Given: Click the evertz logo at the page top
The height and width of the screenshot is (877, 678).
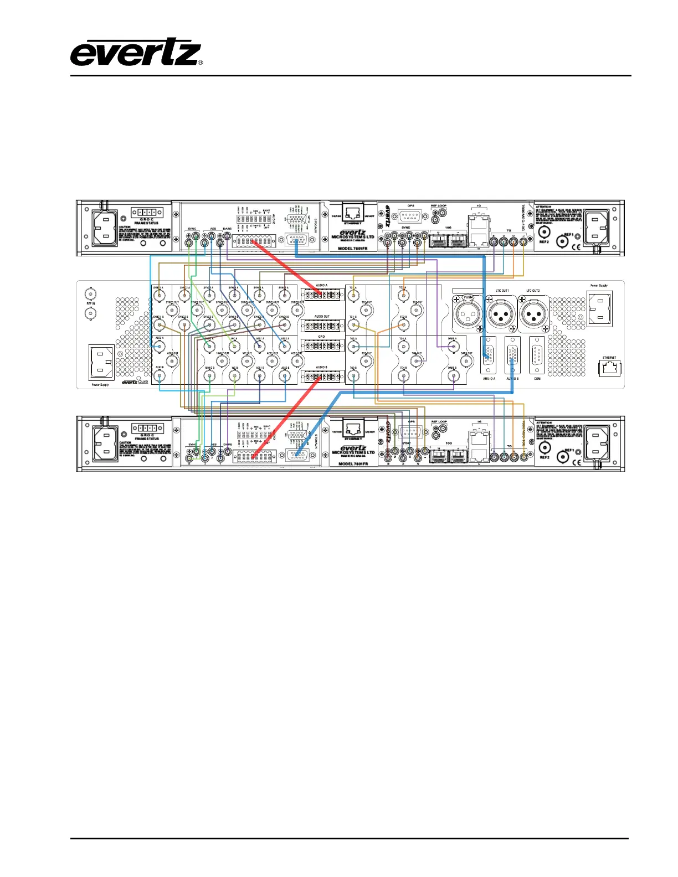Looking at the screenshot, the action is pyautogui.click(x=136, y=53).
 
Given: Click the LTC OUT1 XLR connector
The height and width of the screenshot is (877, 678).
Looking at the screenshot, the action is pyautogui.click(x=502, y=314).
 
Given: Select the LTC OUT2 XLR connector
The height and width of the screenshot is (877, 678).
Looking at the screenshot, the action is pyautogui.click(x=533, y=314).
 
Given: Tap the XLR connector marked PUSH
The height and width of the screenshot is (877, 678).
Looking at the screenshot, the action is pyautogui.click(x=469, y=314).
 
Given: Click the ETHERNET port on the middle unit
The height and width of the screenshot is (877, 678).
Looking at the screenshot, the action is pyautogui.click(x=609, y=368).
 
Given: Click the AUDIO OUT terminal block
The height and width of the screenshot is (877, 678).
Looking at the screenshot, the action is pyautogui.click(x=321, y=326).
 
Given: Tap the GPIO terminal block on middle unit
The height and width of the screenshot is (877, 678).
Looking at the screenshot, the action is pyautogui.click(x=321, y=346).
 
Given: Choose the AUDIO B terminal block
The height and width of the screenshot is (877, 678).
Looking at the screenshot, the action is pyautogui.click(x=321, y=377).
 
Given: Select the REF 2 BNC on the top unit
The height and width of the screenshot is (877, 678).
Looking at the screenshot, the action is pyautogui.click(x=544, y=232).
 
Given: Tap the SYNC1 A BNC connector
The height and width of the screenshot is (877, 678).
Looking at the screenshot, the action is pyautogui.click(x=160, y=296).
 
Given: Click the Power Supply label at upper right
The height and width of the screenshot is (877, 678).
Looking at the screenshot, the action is pyautogui.click(x=599, y=286).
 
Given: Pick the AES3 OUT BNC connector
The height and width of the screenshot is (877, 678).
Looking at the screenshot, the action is pyautogui.click(x=173, y=361).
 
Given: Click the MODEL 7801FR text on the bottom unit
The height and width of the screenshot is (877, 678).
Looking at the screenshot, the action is pyautogui.click(x=353, y=463).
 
